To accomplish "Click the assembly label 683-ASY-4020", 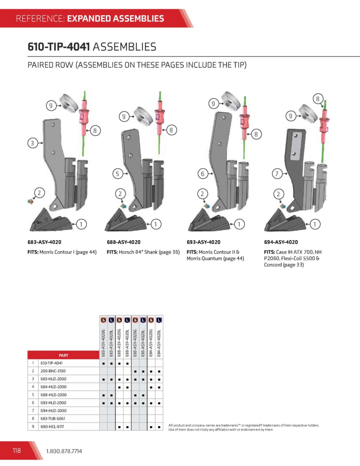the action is [44, 242].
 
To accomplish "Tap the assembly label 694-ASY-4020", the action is [281, 242].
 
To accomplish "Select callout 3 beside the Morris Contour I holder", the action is [33, 143].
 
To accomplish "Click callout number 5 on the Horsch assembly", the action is [118, 173].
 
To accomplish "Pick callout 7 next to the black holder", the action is [277, 173].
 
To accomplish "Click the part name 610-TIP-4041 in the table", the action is [52, 363].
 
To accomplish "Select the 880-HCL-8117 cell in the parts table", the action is [52, 427].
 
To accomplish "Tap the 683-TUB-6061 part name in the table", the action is [53, 419].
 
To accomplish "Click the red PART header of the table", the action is [63, 355].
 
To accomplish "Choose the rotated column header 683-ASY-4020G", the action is [103, 343].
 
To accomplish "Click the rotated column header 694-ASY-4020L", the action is [159, 343].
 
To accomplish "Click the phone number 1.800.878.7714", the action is [64, 451].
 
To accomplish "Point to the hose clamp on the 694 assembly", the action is [307, 114].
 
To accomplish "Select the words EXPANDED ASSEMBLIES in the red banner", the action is [116, 19].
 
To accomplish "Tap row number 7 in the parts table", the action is [33, 410].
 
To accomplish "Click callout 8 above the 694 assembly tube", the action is [318, 99].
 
